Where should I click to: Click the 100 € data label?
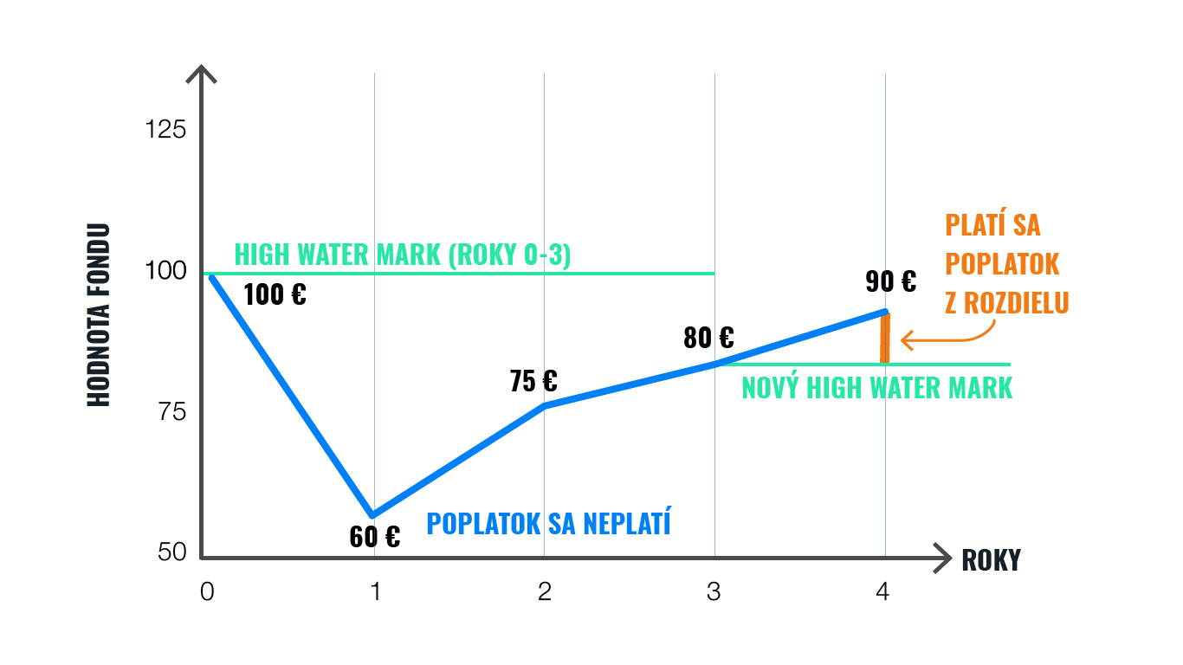(275, 295)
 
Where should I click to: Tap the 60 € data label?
(375, 537)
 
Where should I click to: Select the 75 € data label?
(533, 381)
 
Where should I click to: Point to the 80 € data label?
(708, 338)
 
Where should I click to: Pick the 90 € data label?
(890, 281)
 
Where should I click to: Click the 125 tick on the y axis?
(165, 130)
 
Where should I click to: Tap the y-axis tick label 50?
(172, 552)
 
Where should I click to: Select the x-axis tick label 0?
(206, 592)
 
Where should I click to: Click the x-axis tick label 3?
(714, 592)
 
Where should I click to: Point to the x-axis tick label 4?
(882, 592)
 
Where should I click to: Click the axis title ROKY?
(991, 560)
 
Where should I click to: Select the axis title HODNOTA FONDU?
(100, 315)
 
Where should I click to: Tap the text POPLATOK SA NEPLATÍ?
(548, 523)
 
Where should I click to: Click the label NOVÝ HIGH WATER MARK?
(876, 388)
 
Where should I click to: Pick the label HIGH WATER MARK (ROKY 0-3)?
(403, 255)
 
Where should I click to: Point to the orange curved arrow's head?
(904, 340)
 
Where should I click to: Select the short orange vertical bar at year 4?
(884, 339)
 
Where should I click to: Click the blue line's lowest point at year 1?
(373, 515)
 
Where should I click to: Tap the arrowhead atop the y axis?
(201, 72)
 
